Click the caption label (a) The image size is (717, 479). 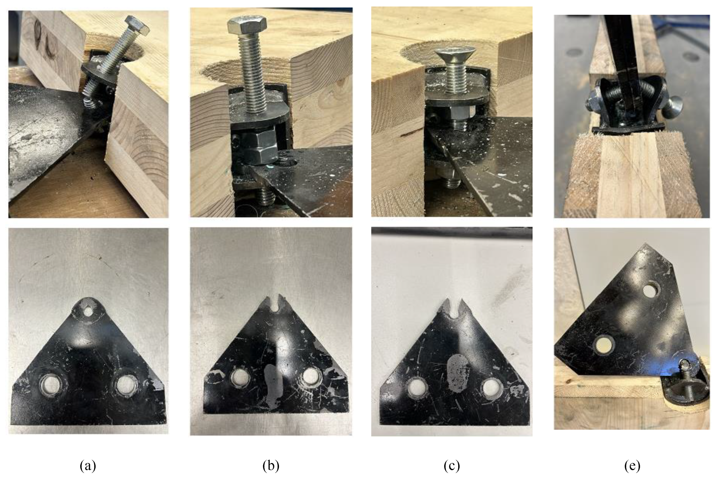pos(88,466)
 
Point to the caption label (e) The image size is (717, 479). pos(632,466)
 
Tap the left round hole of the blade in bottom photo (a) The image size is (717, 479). pos(51,385)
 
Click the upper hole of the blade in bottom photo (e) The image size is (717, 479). pos(651,290)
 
